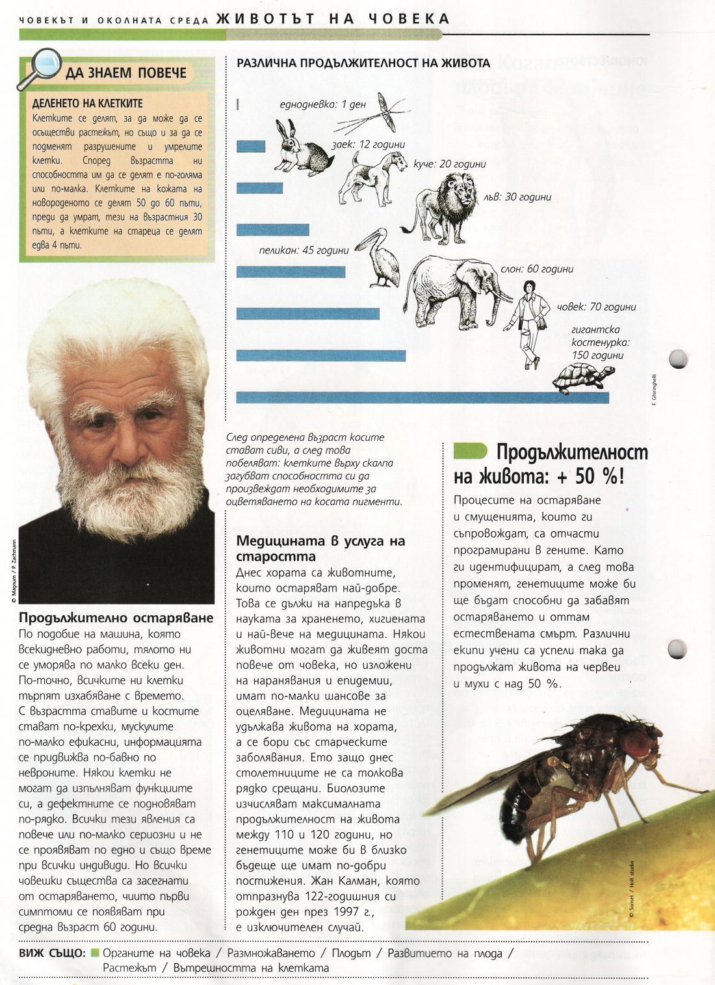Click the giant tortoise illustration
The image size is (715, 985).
[x=584, y=378]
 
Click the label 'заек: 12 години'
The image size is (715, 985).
[x=368, y=144]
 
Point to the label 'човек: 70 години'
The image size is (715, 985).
[x=597, y=306]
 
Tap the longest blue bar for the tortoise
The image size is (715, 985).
[x=422, y=397]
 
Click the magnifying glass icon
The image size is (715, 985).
[x=40, y=67]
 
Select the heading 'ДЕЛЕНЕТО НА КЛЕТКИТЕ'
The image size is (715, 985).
[x=87, y=103]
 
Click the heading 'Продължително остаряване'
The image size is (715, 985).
[x=116, y=618]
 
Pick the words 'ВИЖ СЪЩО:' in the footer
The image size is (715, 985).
[x=52, y=952]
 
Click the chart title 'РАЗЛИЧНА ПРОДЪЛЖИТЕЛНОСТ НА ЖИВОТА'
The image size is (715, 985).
[x=363, y=63]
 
